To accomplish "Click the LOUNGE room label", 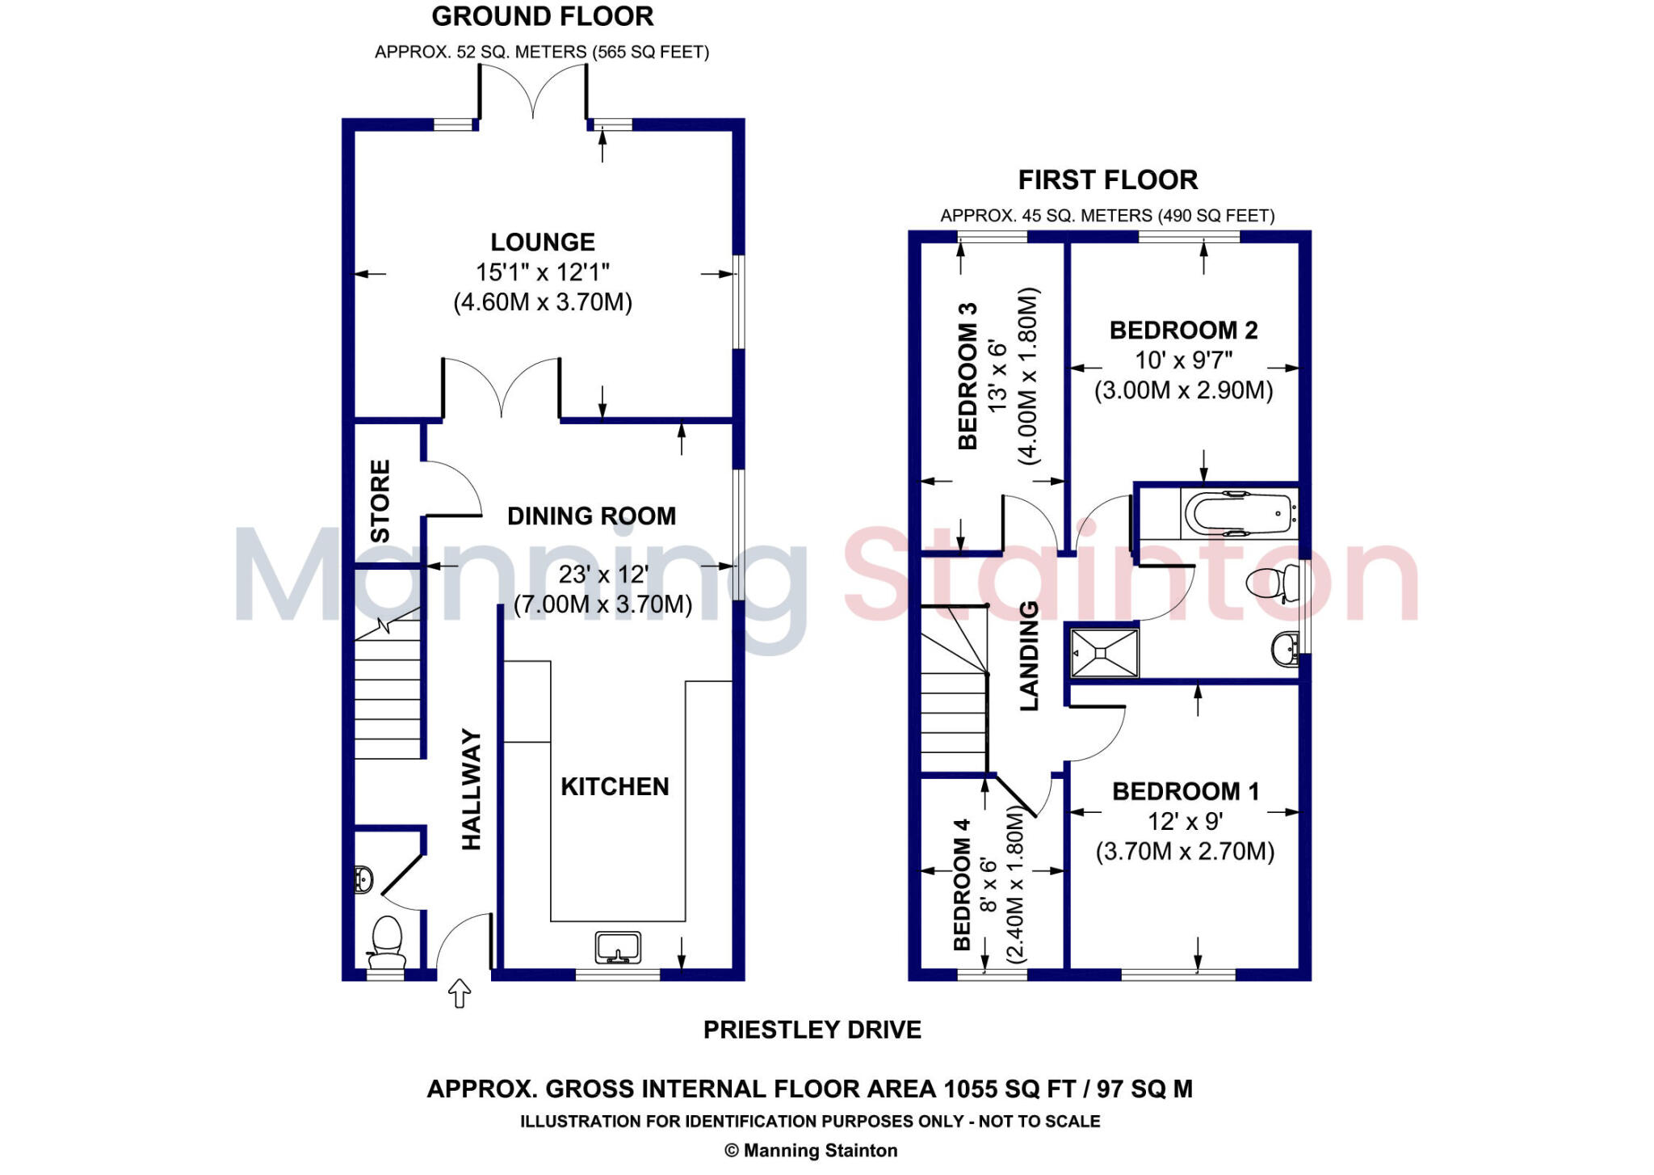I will pos(543,242).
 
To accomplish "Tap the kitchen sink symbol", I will pos(618,947).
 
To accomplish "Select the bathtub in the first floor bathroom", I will pos(1239,513).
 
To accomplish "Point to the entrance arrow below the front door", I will pos(460,993).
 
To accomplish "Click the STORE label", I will pos(380,501).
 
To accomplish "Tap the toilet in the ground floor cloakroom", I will pos(387,941).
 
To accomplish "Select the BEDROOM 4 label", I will pos(962,884).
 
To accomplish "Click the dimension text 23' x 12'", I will pos(603,575).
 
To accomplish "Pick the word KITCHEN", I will pos(615,786).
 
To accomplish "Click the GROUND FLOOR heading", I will pos(543,16).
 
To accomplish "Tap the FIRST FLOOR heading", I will pos(1107,179).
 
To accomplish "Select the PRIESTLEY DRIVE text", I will pos(812,1030).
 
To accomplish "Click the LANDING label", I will pos(1029,656).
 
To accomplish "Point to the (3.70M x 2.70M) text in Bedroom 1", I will pos(1185,852).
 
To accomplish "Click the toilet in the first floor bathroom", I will pos(1266,582).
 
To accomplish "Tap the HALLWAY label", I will pos(471,790).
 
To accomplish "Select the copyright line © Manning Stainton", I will pos(811,1150).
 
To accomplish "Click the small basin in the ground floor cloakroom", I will pos(363,879).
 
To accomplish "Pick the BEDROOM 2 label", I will pos(1183,330).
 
